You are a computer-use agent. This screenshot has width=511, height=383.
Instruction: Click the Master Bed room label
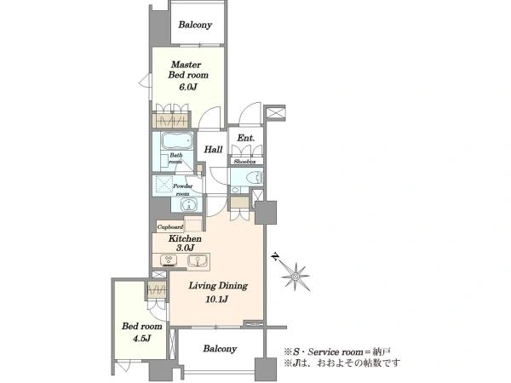188,70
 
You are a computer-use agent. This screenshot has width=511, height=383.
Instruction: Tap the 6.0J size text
188,87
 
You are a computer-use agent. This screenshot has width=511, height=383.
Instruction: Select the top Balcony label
195,25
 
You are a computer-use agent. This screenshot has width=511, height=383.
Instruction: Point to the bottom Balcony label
220,349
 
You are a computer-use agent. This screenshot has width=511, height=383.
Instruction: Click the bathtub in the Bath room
177,141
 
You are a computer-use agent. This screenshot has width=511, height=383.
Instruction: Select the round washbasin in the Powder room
188,205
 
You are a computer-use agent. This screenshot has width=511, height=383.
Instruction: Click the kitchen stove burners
169,260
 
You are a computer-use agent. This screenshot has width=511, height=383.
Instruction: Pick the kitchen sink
198,260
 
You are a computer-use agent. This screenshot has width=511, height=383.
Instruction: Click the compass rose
296,277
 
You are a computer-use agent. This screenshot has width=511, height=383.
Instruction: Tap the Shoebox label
244,162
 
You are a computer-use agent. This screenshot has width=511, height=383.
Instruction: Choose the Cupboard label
170,227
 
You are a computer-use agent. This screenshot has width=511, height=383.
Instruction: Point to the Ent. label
246,138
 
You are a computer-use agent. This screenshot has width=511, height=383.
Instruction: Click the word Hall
214,150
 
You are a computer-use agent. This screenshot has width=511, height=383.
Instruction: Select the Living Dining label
218,286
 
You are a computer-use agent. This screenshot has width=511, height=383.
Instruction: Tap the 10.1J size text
216,299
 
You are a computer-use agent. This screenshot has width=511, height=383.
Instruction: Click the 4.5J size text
141,339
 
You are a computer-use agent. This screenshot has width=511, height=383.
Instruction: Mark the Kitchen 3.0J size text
185,248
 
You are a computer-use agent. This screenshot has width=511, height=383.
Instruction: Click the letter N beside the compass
276,257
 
